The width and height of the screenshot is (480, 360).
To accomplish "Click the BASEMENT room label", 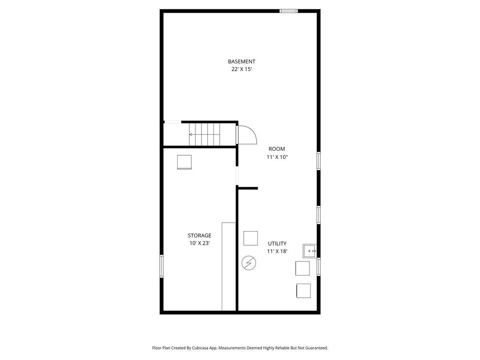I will (x=241, y=61).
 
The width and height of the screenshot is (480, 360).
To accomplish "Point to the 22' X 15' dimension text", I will (x=241, y=69).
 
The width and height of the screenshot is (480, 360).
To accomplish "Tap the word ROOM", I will (x=277, y=149).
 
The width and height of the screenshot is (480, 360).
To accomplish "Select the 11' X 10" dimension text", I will (x=277, y=157).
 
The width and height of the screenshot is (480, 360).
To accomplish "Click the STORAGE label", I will (x=199, y=235).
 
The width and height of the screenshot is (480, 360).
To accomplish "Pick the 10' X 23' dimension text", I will (x=199, y=243).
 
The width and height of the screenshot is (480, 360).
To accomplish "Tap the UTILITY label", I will (x=277, y=243).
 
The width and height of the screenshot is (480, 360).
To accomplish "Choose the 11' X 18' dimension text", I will (x=277, y=251).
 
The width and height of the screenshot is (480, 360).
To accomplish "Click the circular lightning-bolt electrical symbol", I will (x=248, y=263).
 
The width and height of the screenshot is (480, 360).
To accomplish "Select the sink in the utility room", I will (x=309, y=251).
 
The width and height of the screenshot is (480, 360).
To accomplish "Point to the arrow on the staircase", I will (x=191, y=135).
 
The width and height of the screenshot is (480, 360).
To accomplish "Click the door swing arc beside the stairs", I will (x=247, y=135).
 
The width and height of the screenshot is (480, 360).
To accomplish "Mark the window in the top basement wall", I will (x=288, y=11).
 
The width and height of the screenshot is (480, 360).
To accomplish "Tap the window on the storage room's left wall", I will (x=161, y=266).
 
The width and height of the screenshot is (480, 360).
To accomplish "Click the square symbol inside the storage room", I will (x=184, y=162).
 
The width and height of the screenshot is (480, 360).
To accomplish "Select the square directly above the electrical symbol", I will (x=250, y=238).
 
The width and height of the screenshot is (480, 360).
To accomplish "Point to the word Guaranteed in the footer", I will (x=316, y=348).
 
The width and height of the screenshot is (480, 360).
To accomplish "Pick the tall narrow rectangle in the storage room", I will (x=229, y=266).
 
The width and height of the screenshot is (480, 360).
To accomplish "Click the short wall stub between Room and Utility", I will (x=248, y=188).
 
